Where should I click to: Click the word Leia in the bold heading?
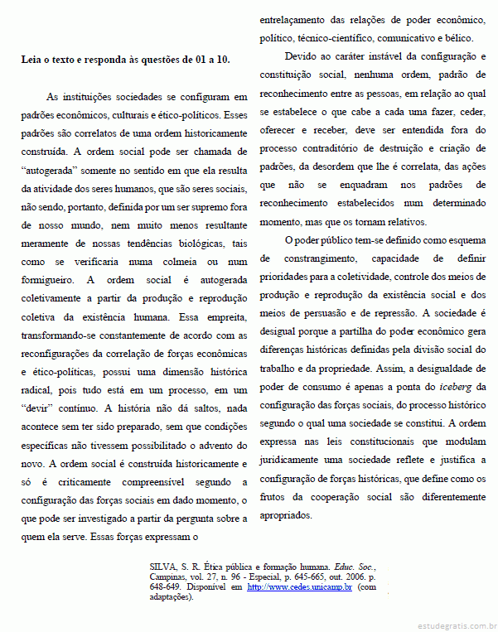(33, 60)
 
